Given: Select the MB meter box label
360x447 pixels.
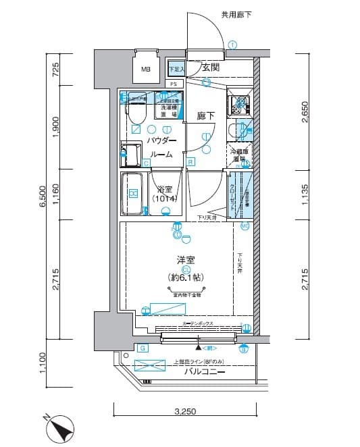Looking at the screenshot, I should point(146,69).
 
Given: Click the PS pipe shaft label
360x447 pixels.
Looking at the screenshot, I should point(174,84).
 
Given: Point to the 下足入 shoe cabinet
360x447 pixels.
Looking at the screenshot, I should point(176,69).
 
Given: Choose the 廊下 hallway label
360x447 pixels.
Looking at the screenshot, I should point(206,116).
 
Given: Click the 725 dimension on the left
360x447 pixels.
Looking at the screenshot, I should point(57,69).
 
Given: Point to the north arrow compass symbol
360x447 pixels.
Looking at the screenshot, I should point(61,429).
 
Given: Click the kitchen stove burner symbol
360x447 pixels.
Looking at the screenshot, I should point(238,105).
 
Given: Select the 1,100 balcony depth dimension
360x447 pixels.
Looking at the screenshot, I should point(42,364).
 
